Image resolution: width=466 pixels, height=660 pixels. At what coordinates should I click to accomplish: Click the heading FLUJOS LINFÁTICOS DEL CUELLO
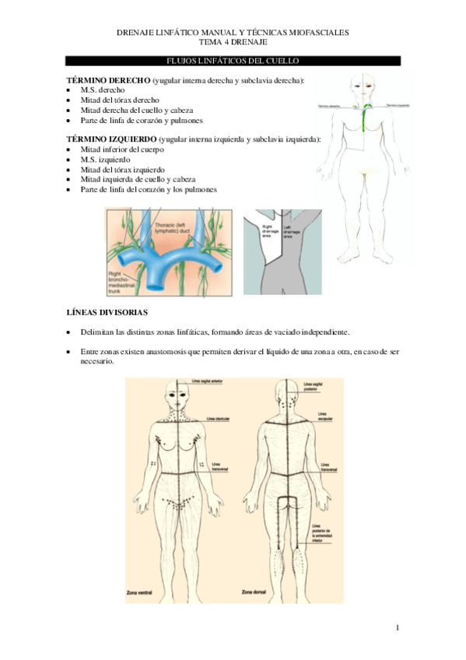pos(233,61)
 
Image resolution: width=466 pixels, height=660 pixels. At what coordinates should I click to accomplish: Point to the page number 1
pos(396,627)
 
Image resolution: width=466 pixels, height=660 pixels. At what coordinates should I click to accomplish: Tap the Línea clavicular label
pos(217,418)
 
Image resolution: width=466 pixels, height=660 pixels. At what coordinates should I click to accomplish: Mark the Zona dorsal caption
pos(255,593)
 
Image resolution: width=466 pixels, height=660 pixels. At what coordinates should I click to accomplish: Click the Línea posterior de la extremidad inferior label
pos(322,532)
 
